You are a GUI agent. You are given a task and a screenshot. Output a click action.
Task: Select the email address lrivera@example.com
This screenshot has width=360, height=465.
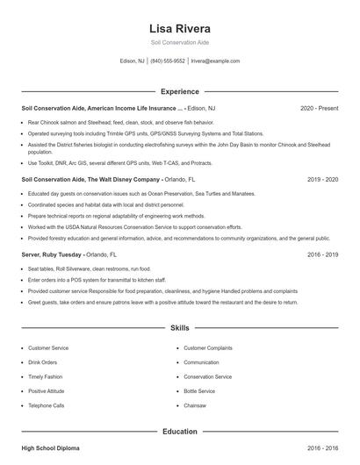pyautogui.click(x=215, y=61)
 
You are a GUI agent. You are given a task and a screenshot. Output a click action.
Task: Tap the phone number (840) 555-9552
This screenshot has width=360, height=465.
pyautogui.click(x=168, y=61)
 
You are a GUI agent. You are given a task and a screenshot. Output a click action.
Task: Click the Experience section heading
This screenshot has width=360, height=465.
pyautogui.click(x=180, y=91)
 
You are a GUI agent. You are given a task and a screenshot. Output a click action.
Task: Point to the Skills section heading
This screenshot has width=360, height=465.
pyautogui.click(x=180, y=328)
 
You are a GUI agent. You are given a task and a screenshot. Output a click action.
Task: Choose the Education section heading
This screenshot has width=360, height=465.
pyautogui.click(x=180, y=432)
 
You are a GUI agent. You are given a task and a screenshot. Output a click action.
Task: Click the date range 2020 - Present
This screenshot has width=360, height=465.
pyautogui.click(x=319, y=108)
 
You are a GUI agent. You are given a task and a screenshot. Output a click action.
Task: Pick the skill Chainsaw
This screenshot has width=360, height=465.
pyautogui.click(x=195, y=405)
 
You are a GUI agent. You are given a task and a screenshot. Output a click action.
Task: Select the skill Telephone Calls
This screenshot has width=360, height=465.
pyautogui.click(x=47, y=405)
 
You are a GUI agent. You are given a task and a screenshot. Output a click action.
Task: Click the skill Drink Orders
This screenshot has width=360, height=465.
pyautogui.click(x=43, y=362)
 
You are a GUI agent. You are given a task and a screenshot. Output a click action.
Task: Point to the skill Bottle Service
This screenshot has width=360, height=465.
pyautogui.click(x=199, y=391)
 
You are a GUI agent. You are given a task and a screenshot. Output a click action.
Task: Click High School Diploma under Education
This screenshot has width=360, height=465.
pyautogui.click(x=50, y=448)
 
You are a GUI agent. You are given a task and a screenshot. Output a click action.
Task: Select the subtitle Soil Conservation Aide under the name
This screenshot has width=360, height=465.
pyautogui.click(x=180, y=42)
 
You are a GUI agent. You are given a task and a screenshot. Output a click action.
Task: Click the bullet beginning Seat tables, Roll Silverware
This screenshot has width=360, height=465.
pyautogui.click(x=77, y=268)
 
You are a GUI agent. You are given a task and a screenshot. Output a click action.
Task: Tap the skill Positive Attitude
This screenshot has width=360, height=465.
pyautogui.click(x=47, y=391)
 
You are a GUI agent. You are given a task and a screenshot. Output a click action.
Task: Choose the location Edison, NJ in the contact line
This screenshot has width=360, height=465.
pyautogui.click(x=132, y=61)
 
